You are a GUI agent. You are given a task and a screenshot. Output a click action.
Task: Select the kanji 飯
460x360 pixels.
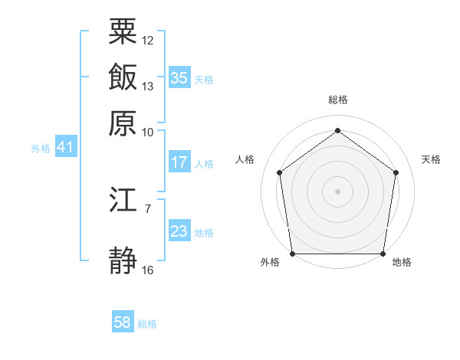(x=123, y=77)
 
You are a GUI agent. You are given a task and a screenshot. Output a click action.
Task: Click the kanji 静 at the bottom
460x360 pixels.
(x=123, y=261)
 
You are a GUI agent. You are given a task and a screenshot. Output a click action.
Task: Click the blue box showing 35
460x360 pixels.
(x=179, y=78)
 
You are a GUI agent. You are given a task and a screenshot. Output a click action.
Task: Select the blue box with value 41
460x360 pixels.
(x=65, y=147)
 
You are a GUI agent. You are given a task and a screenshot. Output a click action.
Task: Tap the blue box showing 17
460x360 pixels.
(x=179, y=162)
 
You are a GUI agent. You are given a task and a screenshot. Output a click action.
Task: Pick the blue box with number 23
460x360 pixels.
(x=179, y=231)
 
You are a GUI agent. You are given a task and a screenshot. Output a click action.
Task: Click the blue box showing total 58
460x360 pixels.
(x=122, y=322)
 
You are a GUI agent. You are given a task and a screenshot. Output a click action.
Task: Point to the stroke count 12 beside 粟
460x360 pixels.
(x=148, y=39)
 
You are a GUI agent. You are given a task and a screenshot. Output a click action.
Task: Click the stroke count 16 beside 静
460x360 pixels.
(x=148, y=270)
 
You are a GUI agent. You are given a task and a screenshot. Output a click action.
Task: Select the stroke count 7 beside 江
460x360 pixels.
(x=148, y=208)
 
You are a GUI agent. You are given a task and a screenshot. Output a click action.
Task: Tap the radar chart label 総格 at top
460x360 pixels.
(x=337, y=100)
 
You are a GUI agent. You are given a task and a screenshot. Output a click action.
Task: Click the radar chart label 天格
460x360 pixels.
(x=431, y=159)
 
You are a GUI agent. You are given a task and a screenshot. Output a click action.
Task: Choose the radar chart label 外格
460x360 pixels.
(x=270, y=263)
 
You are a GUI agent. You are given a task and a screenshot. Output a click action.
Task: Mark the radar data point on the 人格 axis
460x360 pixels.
(x=279, y=172)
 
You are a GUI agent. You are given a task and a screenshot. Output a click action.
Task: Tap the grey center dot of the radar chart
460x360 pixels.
(x=337, y=191)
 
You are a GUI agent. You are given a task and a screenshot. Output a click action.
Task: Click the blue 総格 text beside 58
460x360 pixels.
(x=147, y=324)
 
